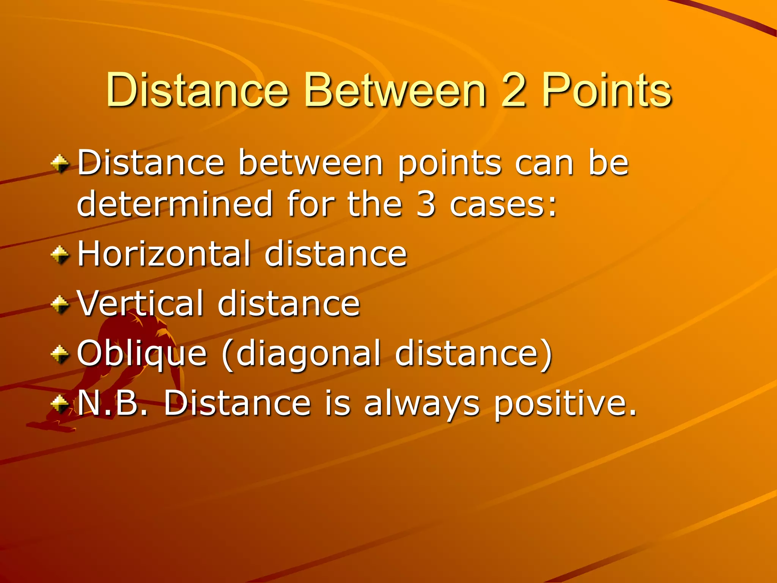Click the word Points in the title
click(606, 90)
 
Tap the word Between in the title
click(395, 90)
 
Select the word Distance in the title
click(197, 90)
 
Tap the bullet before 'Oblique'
click(60, 354)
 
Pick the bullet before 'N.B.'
click(60, 404)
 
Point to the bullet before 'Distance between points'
click(60, 164)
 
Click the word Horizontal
click(164, 254)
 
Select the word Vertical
click(140, 303)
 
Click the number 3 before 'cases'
click(426, 204)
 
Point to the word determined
click(175, 204)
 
